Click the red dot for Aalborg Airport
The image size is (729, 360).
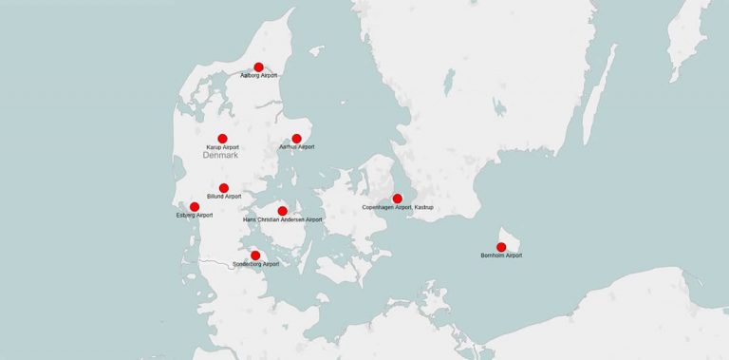[258, 67]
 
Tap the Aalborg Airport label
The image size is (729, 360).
[259, 75]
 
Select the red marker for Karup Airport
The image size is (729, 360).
[222, 139]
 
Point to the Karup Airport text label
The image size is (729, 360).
[222, 147]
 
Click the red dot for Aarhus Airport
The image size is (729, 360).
[296, 139]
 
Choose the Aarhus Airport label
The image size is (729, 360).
[296, 147]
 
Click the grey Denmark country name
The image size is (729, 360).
[221, 156]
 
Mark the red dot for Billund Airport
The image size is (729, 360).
[224, 188]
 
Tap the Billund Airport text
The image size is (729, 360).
[224, 197]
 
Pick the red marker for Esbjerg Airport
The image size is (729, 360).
[195, 207]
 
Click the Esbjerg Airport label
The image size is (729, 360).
[195, 216]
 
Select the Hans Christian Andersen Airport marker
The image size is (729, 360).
[283, 211]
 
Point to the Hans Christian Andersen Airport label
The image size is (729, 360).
[283, 219]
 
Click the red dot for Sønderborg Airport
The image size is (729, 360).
[255, 256]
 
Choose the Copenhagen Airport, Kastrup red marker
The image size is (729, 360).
[397, 199]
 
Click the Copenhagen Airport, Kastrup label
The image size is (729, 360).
[398, 207]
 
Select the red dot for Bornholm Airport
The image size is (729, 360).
[501, 247]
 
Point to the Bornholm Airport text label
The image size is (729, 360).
[501, 256]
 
